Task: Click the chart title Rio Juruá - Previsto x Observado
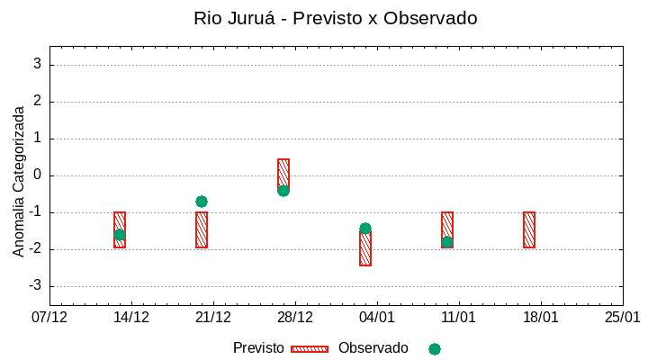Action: pyautogui.click(x=335, y=18)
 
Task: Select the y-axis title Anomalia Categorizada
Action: pyautogui.click(x=19, y=180)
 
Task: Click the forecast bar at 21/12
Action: pyautogui.click(x=202, y=230)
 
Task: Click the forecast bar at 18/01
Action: pyautogui.click(x=529, y=229)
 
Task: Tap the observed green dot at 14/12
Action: pyautogui.click(x=120, y=235)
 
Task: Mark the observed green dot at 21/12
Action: pyautogui.click(x=202, y=202)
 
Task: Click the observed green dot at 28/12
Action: pyautogui.click(x=283, y=190)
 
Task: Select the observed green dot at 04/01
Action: pyautogui.click(x=365, y=229)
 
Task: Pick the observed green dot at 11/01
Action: pyautogui.click(x=447, y=242)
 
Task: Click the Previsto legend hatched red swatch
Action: pyautogui.click(x=310, y=348)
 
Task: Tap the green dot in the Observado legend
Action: pyautogui.click(x=435, y=348)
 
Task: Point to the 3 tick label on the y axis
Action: pyautogui.click(x=38, y=64)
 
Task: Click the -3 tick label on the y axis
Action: pyautogui.click(x=35, y=286)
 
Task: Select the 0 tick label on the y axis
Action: pyautogui.click(x=38, y=175)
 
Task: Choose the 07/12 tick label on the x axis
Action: pyautogui.click(x=49, y=317)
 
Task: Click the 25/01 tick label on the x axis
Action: pyautogui.click(x=622, y=317)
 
